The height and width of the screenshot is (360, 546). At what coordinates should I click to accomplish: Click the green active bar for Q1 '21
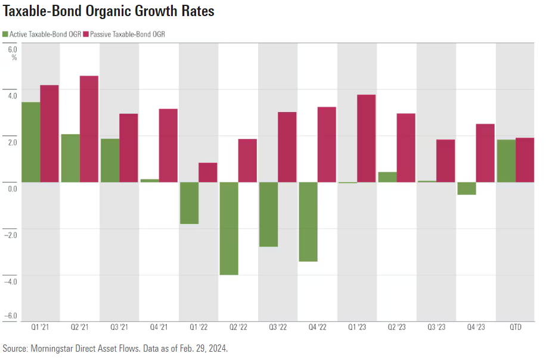[x=31, y=142]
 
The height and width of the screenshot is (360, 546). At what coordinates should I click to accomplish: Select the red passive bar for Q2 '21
[x=89, y=129]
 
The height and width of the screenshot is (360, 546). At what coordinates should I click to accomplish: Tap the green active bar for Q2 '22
[x=229, y=228]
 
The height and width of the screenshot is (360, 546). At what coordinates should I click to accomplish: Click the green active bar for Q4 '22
[x=308, y=222]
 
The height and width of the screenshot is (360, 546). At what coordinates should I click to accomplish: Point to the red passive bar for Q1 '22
[x=207, y=172]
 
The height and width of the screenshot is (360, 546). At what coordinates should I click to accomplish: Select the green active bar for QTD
[x=505, y=161]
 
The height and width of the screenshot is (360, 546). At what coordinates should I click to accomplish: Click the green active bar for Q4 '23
[x=466, y=188]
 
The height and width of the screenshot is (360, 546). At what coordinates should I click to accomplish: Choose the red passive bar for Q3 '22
[x=287, y=147]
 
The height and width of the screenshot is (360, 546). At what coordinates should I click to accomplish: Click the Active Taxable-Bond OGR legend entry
[x=42, y=34]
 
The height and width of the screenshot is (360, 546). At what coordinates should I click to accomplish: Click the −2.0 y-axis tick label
[x=11, y=234]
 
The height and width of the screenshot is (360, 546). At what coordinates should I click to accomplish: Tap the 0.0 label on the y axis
[x=13, y=188]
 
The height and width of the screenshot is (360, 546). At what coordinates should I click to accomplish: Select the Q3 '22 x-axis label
[x=278, y=328]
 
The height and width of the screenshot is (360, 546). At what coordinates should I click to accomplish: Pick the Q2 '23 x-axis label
[x=396, y=328]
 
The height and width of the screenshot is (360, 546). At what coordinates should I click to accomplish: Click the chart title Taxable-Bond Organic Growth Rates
[x=108, y=11]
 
